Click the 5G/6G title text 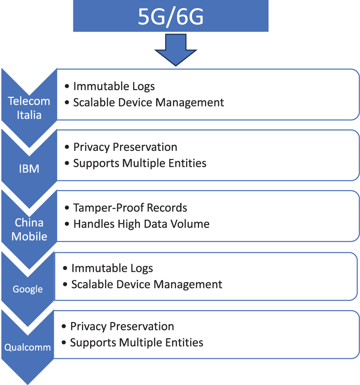171,17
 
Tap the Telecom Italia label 29,108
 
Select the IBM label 29,169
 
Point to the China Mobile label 29,229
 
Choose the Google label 28,289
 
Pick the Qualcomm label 28,348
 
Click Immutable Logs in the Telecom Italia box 114,87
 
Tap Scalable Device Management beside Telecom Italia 149,102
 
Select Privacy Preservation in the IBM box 125,147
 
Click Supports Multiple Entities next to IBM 139,163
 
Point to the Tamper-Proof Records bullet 130,208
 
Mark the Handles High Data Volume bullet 141,224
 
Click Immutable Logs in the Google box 112,268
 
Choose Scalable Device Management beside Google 147,284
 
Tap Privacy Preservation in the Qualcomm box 122,327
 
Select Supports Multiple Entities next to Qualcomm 136,342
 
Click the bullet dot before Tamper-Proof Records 67,208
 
